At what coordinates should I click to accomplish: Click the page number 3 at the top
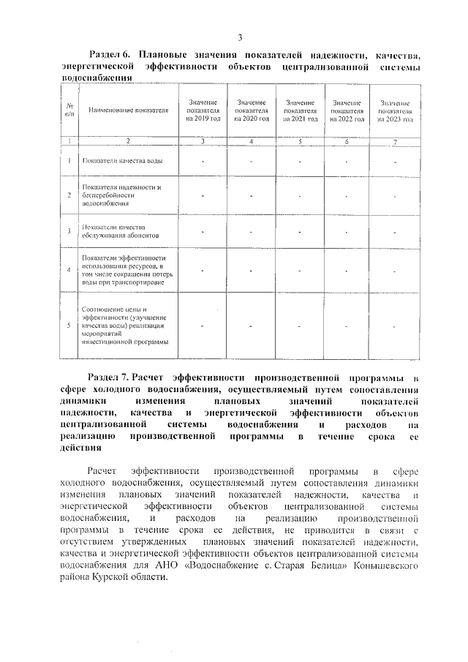[239, 38]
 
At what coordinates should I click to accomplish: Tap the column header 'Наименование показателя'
[128, 110]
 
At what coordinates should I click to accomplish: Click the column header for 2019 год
[202, 110]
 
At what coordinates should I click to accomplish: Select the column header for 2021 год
[301, 110]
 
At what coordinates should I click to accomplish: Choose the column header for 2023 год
[395, 110]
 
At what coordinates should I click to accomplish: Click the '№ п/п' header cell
[69, 110]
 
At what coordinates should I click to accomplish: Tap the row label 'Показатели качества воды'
[122, 160]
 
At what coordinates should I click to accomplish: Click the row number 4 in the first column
[69, 270]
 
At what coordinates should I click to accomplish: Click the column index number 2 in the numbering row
[128, 140]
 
